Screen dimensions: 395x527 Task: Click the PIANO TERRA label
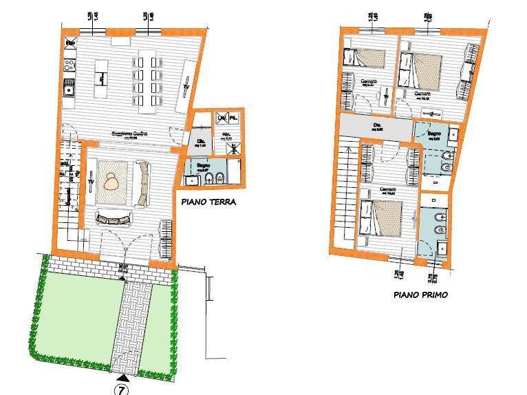click(x=208, y=203)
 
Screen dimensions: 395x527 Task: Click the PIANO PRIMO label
click(x=420, y=294)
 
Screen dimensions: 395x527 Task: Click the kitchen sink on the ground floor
click(x=68, y=88)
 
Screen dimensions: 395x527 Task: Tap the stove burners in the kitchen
click(x=69, y=65)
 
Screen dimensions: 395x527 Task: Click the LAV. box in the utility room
click(x=221, y=119)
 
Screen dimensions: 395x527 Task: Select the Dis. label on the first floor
click(x=377, y=125)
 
